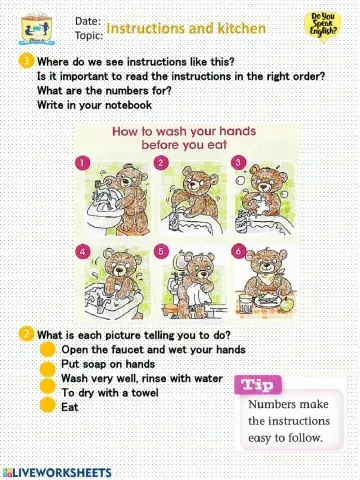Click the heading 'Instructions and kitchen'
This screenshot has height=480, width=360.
(186, 29)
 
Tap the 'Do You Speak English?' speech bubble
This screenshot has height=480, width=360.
(324, 23)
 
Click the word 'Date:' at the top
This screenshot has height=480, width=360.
(87, 20)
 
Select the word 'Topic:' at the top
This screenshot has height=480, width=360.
(89, 34)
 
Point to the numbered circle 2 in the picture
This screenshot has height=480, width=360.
(161, 162)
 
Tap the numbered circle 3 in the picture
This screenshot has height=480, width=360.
(237, 162)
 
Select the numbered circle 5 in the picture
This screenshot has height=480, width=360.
(161, 250)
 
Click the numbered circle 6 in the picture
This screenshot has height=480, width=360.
(237, 250)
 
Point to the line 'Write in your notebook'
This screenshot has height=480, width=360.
(94, 104)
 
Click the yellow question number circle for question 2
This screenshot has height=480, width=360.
(25, 334)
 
